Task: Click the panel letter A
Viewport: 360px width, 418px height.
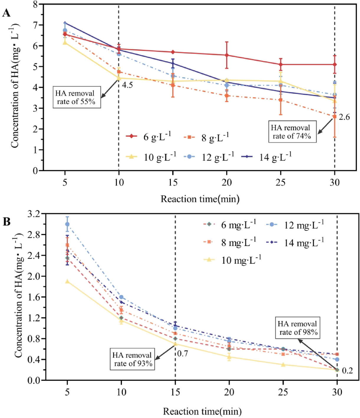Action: (x=6, y=13)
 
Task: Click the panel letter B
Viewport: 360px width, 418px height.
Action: (x=6, y=222)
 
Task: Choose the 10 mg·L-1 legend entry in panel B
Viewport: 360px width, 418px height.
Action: (x=233, y=260)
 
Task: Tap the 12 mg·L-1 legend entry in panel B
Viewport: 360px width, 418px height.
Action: (x=295, y=225)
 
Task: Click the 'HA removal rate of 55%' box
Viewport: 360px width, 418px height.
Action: (x=77, y=97)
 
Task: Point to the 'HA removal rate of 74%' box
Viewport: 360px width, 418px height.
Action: (x=292, y=132)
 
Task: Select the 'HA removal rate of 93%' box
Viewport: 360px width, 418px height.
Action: (x=132, y=359)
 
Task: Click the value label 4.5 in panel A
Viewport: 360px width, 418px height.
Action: (x=127, y=85)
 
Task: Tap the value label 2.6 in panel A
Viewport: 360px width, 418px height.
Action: (x=344, y=117)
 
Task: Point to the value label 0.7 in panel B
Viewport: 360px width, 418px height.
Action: (x=183, y=353)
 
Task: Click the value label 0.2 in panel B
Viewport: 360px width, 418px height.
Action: (x=347, y=371)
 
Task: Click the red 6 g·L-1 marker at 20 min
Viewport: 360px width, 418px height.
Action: (x=227, y=55)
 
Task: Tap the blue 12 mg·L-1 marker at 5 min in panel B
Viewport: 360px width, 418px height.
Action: (x=67, y=224)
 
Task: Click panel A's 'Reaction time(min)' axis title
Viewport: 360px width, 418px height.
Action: (x=200, y=199)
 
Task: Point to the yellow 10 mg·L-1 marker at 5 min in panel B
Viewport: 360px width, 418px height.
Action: (x=67, y=281)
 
